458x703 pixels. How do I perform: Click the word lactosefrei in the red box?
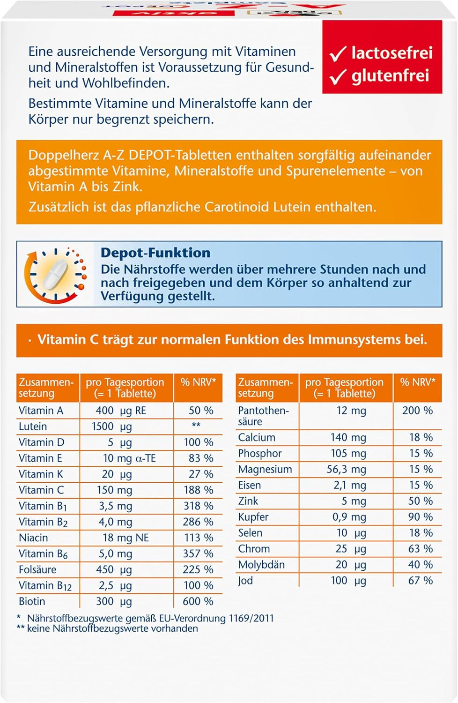(x=392, y=53)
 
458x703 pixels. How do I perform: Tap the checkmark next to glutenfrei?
(x=338, y=77)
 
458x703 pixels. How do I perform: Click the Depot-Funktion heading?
(x=155, y=253)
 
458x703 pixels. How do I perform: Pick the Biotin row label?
(x=32, y=601)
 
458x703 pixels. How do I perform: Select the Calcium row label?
(x=257, y=437)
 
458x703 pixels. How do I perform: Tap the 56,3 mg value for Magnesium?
(x=346, y=469)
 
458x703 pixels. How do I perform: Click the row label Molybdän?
(x=261, y=565)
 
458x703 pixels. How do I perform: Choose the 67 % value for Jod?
(x=420, y=581)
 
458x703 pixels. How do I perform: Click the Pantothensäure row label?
(x=263, y=416)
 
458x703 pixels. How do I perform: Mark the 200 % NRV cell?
(x=417, y=411)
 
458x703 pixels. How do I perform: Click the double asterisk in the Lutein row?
(x=196, y=426)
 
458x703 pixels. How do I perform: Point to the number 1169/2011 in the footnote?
(x=251, y=618)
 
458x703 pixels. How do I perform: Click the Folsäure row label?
(x=37, y=569)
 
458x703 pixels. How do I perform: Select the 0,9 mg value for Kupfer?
(x=349, y=517)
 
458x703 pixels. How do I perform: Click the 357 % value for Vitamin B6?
(x=198, y=553)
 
